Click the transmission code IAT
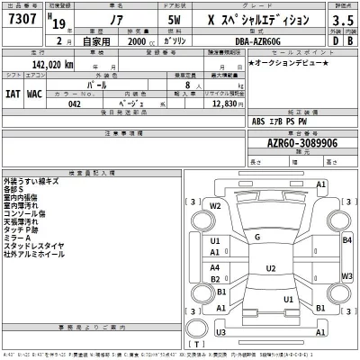14,92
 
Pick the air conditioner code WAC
34,92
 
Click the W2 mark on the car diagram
214,206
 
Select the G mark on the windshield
257,237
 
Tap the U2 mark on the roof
270,268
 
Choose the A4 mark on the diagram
214,267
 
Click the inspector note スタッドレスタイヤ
37,246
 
